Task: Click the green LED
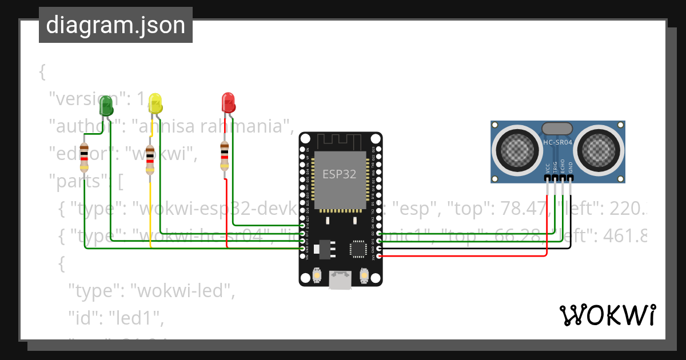click(x=106, y=106)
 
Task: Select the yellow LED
click(x=155, y=103)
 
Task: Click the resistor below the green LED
click(x=84, y=157)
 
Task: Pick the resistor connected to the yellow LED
click(x=150, y=159)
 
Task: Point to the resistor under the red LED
click(x=225, y=156)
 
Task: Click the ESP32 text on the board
click(x=340, y=174)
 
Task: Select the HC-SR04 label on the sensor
click(x=557, y=142)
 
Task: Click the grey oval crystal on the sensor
click(x=557, y=129)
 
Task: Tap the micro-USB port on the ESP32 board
click(x=340, y=281)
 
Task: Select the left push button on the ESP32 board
click(x=316, y=277)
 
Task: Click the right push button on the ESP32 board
click(x=364, y=277)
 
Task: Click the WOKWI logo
click(x=607, y=315)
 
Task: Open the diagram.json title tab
click(x=115, y=26)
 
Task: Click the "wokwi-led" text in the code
click(x=183, y=291)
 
